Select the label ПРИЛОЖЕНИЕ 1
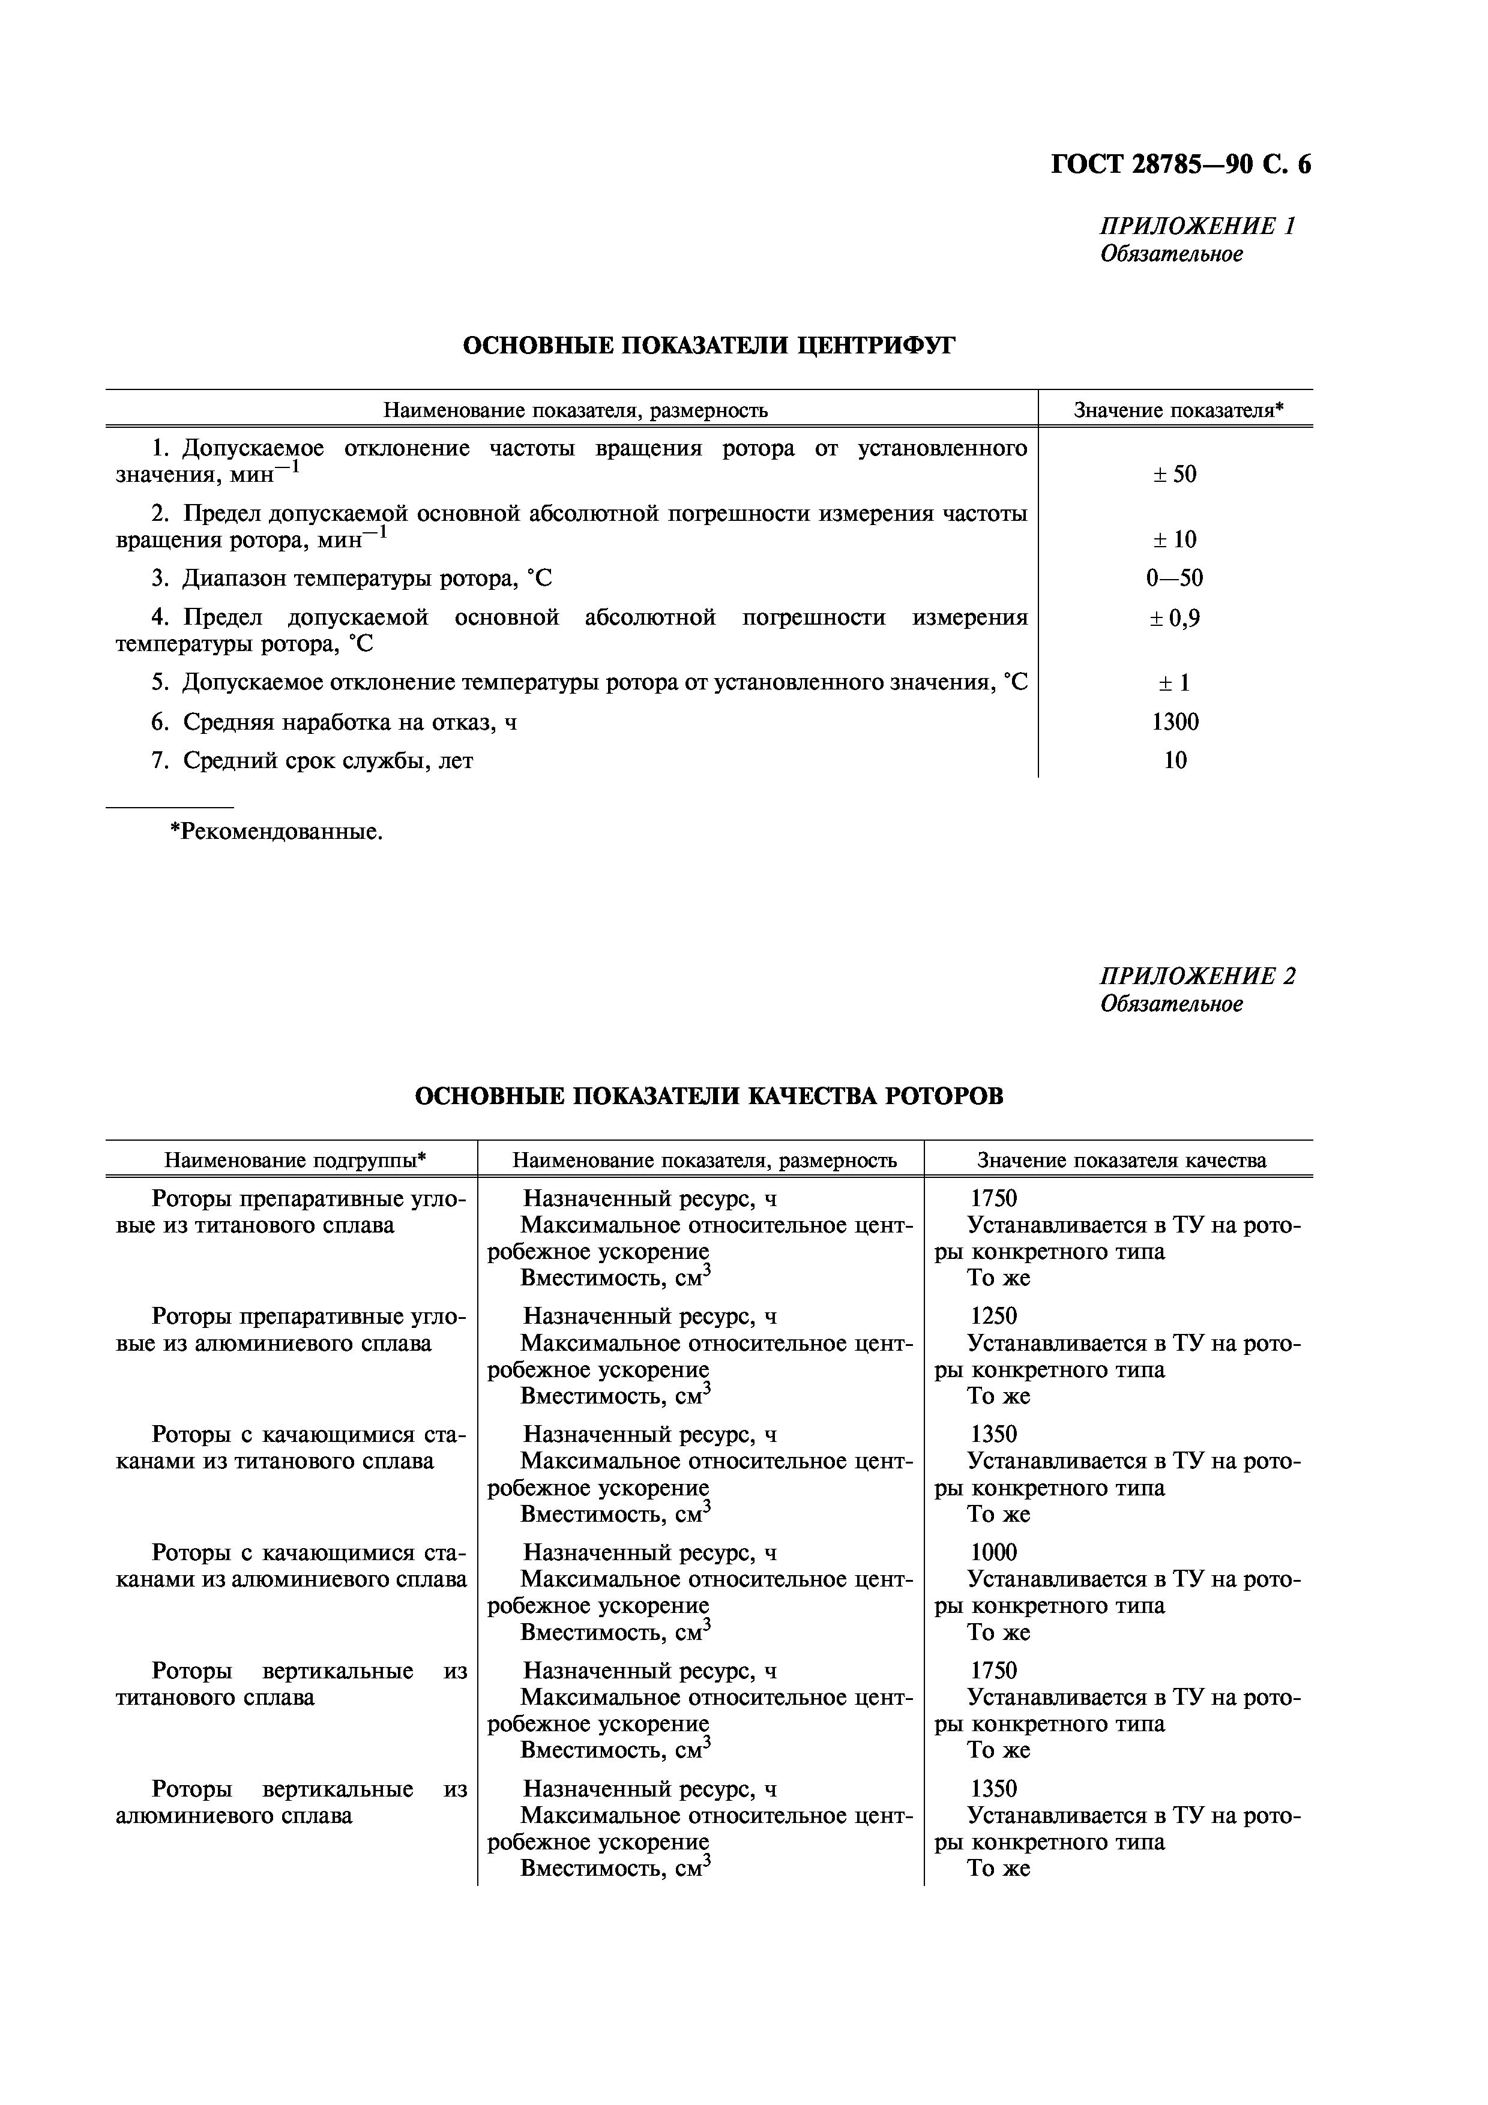(1197, 226)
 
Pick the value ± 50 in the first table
(1175, 474)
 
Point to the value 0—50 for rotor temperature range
(1175, 578)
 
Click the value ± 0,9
(1175, 618)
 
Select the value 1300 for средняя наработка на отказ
(1175, 721)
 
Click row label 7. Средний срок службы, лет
(312, 760)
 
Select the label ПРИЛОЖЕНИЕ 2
(1197, 976)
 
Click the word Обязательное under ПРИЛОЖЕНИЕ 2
(1172, 1004)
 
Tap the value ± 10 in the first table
(1175, 539)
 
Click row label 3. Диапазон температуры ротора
(351, 578)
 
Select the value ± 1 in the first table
(1175, 682)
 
